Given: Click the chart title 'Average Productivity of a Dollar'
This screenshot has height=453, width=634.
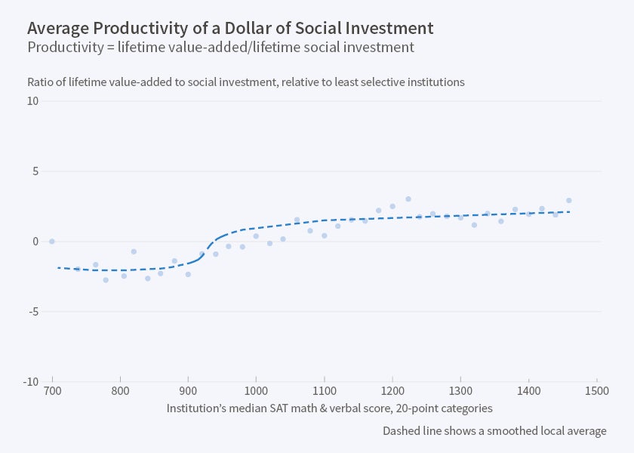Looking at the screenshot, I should (x=230, y=29).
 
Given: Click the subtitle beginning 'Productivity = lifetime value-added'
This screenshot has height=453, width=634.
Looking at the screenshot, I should (x=220, y=48).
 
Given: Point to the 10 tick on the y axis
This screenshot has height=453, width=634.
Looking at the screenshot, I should (x=32, y=101).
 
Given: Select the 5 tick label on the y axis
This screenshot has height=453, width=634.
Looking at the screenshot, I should (x=34, y=171).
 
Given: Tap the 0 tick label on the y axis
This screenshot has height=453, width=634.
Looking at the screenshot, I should (x=34, y=242).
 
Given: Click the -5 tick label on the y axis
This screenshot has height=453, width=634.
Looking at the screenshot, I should (x=32, y=312).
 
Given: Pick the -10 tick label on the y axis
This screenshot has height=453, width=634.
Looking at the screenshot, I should (x=30, y=382).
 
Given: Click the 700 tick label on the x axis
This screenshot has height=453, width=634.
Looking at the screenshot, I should (x=52, y=391).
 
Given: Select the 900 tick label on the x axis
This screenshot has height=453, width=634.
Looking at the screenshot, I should (x=188, y=391).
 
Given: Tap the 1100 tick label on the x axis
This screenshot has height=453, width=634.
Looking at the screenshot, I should (x=324, y=391).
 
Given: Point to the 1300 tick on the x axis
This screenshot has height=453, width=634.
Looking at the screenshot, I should (x=460, y=391).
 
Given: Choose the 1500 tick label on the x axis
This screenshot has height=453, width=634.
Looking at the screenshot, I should (x=596, y=391).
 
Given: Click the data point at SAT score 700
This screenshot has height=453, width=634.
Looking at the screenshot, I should (x=52, y=242).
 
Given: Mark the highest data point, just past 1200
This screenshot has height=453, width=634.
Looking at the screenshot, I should (x=408, y=199).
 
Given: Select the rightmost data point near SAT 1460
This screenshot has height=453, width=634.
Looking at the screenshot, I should (x=568, y=201).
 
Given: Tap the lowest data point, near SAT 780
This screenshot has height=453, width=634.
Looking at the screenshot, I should (x=106, y=280).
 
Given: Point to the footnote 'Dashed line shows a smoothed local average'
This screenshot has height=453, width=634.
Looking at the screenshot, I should (x=494, y=431).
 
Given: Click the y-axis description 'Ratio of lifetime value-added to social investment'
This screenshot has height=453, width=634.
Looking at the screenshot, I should (x=245, y=82).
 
